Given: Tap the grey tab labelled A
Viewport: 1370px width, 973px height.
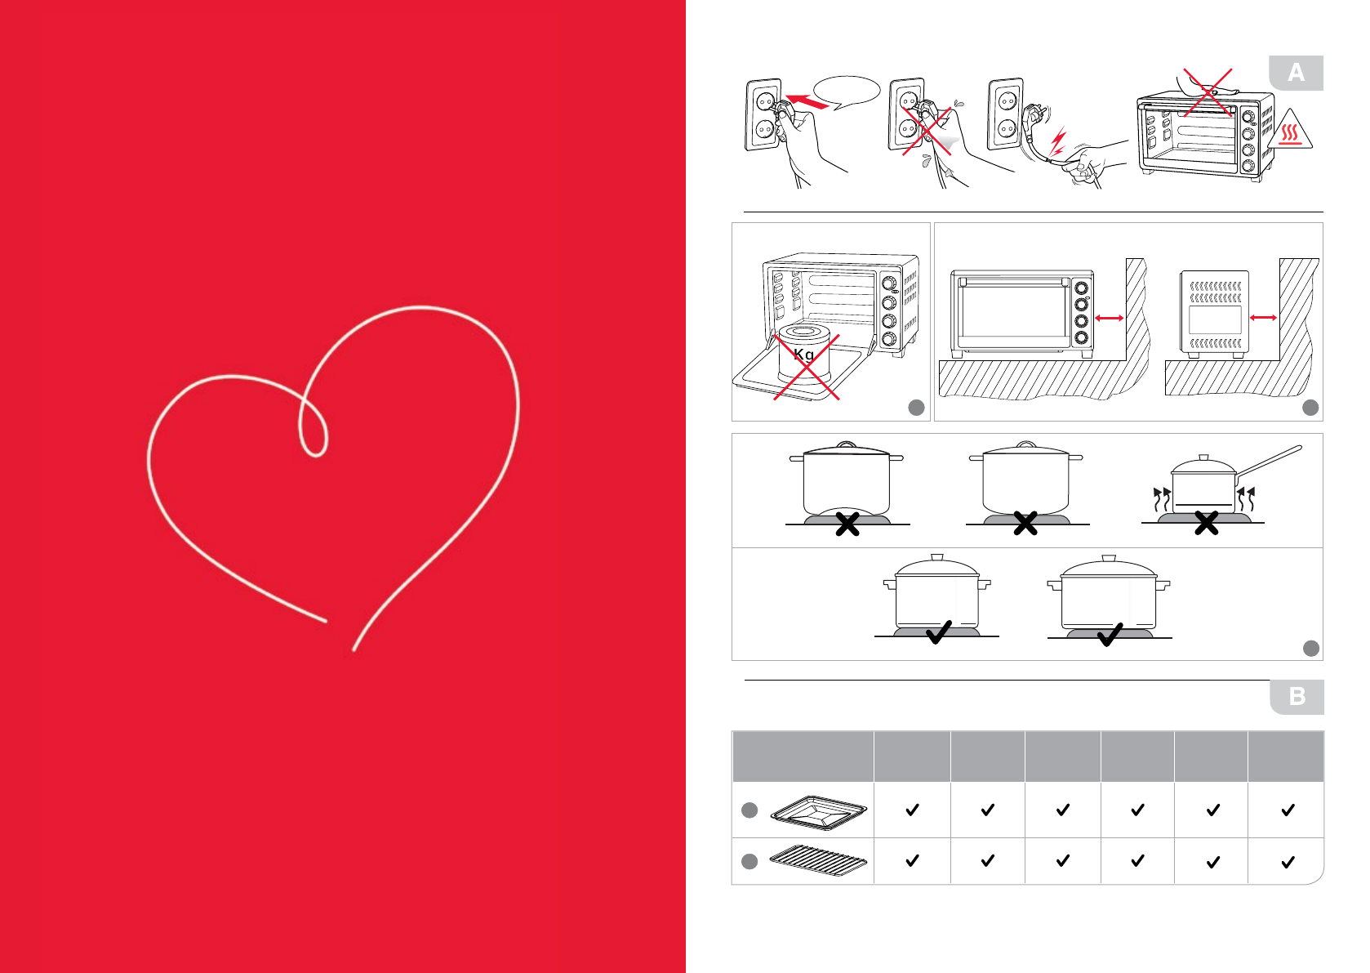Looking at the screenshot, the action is (1296, 74).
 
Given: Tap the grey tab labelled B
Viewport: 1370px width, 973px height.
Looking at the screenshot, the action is (1297, 697).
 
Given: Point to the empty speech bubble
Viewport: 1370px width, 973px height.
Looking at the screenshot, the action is (847, 91).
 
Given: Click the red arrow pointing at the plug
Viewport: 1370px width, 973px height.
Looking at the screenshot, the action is (807, 102).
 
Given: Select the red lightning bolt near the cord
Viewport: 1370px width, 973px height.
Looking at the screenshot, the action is (1057, 142).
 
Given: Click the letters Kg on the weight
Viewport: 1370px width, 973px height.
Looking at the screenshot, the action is (804, 355).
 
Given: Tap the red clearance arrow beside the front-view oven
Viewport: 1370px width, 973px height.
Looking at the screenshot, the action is (1109, 318).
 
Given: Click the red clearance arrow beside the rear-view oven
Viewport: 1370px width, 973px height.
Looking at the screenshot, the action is (1263, 318).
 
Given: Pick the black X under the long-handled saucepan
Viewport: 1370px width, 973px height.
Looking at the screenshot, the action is (1206, 524).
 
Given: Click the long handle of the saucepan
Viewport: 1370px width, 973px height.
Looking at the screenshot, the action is (1270, 461).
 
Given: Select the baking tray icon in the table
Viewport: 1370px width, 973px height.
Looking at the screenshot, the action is (818, 812).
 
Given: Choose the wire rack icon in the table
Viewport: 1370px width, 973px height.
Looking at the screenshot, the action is (818, 860).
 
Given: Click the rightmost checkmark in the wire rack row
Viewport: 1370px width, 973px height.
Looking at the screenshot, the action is (1288, 861).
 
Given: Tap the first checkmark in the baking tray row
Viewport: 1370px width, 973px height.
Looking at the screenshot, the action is (912, 810).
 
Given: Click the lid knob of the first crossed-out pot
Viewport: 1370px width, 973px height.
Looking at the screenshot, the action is (847, 445).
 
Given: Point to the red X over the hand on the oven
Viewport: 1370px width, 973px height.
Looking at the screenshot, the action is (1208, 91).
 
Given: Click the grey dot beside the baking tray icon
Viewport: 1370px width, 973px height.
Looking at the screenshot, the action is (749, 810).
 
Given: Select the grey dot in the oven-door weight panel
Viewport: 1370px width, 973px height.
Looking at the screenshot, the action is (916, 408).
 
